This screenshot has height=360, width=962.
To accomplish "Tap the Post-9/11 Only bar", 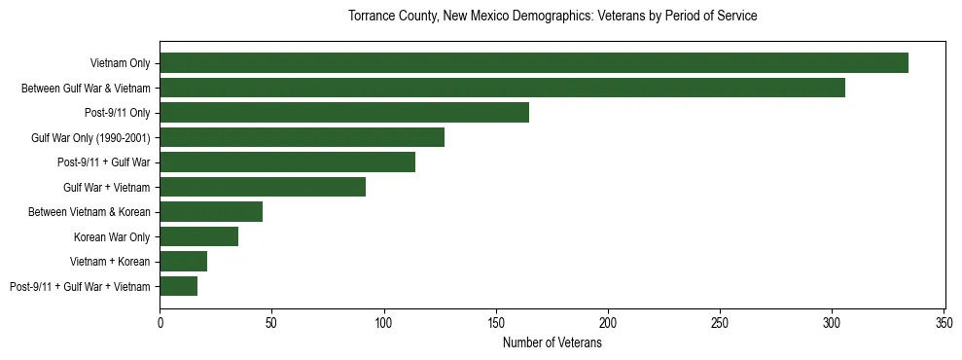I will click(x=344, y=113).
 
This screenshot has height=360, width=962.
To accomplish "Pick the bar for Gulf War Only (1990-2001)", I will click(x=302, y=137).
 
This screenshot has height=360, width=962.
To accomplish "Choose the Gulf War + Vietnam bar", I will click(x=263, y=187).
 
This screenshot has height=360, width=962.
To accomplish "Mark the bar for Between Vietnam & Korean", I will click(x=211, y=212).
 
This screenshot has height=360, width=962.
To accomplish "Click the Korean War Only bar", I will click(x=198, y=236).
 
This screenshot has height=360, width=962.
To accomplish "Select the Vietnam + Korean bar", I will click(x=183, y=261).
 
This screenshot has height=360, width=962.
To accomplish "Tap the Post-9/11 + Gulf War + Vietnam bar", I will click(x=179, y=286).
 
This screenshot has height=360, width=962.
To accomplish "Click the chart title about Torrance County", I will click(x=552, y=17).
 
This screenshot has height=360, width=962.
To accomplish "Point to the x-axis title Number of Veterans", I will click(x=552, y=342).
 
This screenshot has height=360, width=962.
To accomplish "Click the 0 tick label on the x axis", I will click(x=160, y=321).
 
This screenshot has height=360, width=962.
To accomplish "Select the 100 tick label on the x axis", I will click(x=384, y=321).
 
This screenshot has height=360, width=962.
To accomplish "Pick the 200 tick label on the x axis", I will click(x=608, y=321).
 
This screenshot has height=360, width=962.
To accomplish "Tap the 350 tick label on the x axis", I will click(x=944, y=321).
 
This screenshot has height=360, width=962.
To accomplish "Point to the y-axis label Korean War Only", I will click(x=112, y=236).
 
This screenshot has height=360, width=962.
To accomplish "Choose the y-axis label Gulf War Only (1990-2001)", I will click(x=90, y=137).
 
